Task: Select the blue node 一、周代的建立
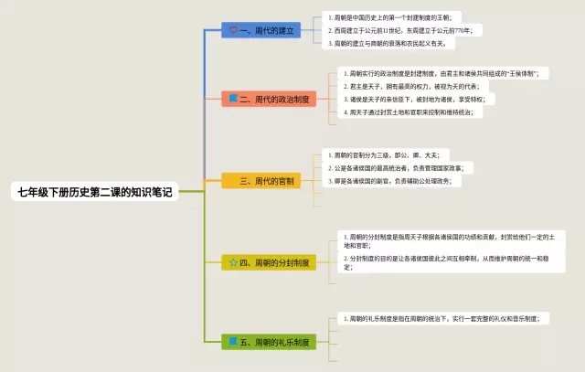tap(261, 29)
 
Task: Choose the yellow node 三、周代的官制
tap(261, 181)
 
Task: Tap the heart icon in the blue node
tap(233, 29)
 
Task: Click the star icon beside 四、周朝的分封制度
tap(233, 261)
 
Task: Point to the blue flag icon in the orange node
tap(233, 97)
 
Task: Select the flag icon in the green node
tap(233, 342)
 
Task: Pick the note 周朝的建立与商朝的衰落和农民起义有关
tap(389, 43)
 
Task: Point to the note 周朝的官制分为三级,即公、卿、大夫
tap(388, 155)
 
